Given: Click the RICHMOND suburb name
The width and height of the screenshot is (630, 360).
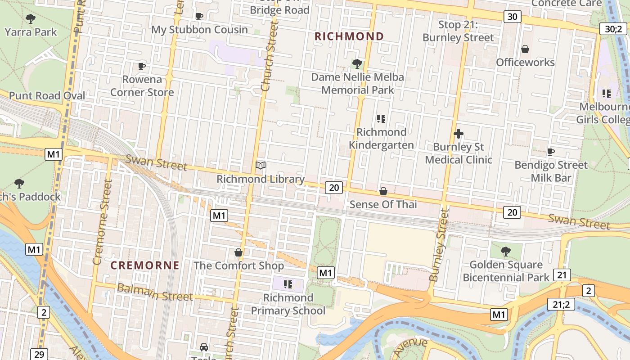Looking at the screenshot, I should pyautogui.click(x=349, y=36).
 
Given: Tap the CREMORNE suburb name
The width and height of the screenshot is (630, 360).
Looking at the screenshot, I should pyautogui.click(x=145, y=265).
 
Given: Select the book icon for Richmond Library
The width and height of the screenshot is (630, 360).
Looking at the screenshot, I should pyautogui.click(x=261, y=166).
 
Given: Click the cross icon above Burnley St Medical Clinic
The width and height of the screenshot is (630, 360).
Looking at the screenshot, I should pyautogui.click(x=459, y=134).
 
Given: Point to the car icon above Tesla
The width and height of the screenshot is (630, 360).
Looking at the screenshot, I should pyautogui.click(x=204, y=347).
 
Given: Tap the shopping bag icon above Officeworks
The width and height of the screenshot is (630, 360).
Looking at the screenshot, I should pyautogui.click(x=525, y=49).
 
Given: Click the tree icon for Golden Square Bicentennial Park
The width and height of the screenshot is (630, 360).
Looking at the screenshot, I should pyautogui.click(x=506, y=251).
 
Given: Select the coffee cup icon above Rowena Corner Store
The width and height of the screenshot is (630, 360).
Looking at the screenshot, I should pyautogui.click(x=142, y=66).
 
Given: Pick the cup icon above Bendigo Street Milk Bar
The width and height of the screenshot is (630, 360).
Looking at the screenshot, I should pyautogui.click(x=550, y=152).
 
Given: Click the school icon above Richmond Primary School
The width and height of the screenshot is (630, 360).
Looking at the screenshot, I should pyautogui.click(x=288, y=284).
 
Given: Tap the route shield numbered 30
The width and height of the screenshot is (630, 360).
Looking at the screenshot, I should pyautogui.click(x=512, y=17).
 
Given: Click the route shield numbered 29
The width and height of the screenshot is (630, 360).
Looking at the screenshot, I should pyautogui.click(x=39, y=354).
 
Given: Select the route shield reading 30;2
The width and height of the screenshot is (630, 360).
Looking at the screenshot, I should pyautogui.click(x=613, y=29).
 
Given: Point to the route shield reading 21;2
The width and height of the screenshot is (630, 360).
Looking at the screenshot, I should pyautogui.click(x=561, y=305).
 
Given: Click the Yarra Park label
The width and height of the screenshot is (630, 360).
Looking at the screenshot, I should pyautogui.click(x=31, y=32).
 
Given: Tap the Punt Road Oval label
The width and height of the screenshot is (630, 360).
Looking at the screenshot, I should pyautogui.click(x=47, y=96).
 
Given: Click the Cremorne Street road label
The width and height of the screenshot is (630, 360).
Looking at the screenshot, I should pyautogui.click(x=101, y=222).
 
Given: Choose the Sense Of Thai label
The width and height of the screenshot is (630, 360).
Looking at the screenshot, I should pyautogui.click(x=383, y=205).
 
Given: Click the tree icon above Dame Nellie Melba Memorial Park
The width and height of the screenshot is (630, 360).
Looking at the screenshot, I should pyautogui.click(x=357, y=64).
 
